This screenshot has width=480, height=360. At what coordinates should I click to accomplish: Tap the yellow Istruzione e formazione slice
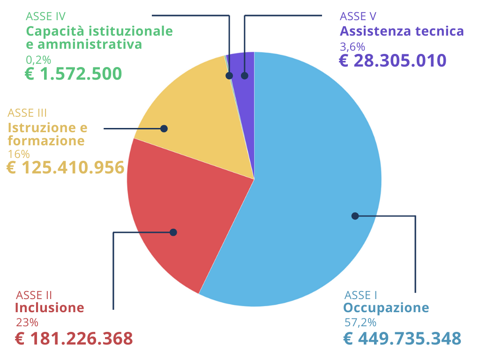coord(197,108)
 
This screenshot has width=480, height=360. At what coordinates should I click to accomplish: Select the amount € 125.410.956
coord(66,168)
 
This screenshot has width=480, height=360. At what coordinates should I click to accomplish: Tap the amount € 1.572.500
coord(73,74)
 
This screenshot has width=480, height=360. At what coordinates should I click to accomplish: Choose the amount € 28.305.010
coord(392,61)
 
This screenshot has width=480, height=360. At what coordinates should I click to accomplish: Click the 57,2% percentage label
coord(360,322)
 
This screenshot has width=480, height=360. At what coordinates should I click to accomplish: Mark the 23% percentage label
coord(27,322)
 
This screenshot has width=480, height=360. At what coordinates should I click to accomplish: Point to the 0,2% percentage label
coord(38,60)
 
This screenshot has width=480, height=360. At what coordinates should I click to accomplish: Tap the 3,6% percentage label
coord(352,47)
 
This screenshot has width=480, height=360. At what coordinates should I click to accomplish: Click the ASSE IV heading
coord(45,16)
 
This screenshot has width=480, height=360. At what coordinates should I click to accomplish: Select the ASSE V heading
coord(358,16)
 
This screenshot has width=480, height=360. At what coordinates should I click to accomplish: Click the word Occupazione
coord(386,308)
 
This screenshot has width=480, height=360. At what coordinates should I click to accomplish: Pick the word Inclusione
coord(50,308)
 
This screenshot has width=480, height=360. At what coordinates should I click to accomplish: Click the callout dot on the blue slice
coord(355,216)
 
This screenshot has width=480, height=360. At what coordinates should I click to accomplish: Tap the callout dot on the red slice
coord(173,232)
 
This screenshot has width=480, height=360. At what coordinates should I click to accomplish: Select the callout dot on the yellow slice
coord(164,128)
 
